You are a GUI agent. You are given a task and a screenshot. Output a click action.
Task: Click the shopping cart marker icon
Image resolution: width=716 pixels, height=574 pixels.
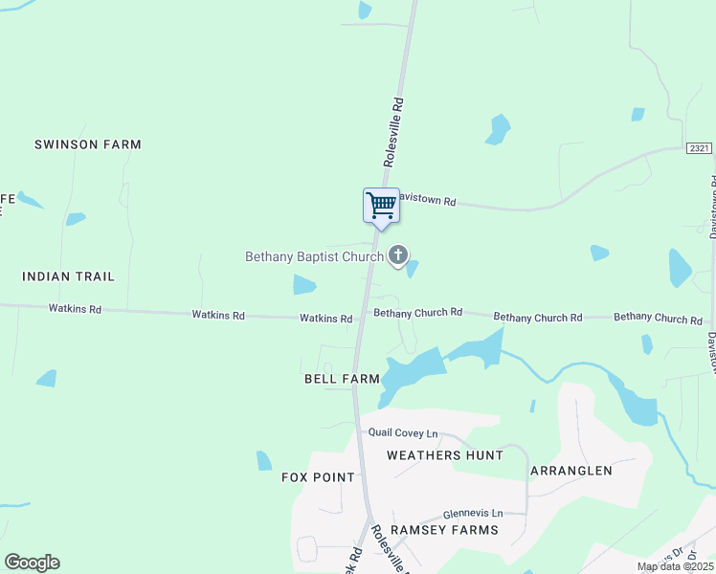pyautogui.click(x=381, y=206)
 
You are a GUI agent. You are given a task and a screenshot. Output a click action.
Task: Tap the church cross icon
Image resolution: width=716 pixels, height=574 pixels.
pyautogui.click(x=398, y=255)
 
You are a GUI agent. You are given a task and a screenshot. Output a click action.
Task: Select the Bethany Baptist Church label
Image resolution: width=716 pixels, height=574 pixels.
pyautogui.click(x=314, y=256)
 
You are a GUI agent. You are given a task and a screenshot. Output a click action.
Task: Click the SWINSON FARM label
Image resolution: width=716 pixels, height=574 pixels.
pyautogui.click(x=87, y=144)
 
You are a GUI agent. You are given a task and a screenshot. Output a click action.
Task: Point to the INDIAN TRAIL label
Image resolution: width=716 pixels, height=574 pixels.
pyautogui.click(x=68, y=276)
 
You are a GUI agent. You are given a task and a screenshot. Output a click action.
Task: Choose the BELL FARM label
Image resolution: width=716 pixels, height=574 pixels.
pyautogui.click(x=342, y=379)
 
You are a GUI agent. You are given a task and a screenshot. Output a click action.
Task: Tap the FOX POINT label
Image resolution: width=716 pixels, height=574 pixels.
pyautogui.click(x=318, y=477)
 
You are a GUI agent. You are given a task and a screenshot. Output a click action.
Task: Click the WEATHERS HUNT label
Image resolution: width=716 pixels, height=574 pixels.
pyautogui.click(x=444, y=455)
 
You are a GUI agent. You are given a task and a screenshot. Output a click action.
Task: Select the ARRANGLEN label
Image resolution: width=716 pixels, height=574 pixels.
pyautogui.click(x=571, y=471)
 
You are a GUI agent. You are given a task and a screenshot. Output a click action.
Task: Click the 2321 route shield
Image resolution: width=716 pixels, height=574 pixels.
pyautogui.click(x=699, y=147)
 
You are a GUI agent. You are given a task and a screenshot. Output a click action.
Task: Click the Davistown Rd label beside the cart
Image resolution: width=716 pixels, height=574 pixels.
pyautogui.click(x=427, y=202)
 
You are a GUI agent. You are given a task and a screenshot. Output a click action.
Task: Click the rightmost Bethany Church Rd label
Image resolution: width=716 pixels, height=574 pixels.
pyautogui.click(x=658, y=318)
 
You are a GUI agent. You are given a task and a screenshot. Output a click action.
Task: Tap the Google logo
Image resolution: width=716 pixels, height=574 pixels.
pyautogui.click(x=32, y=563)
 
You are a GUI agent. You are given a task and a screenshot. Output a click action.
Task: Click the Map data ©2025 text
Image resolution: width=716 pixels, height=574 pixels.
pyautogui.click(x=674, y=566)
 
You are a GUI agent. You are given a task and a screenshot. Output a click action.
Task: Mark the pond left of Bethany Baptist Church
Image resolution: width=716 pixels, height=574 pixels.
pyautogui.click(x=304, y=284)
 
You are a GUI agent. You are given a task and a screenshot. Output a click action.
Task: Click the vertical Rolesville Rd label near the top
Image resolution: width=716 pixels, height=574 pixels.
pyautogui.click(x=392, y=132)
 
